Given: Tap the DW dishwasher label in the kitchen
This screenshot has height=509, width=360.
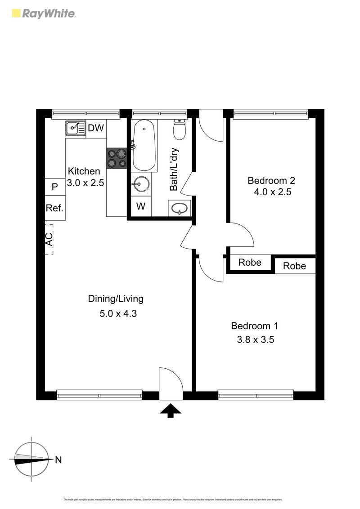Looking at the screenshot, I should [x=95, y=128].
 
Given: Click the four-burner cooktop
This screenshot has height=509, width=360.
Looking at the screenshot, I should [x=117, y=158].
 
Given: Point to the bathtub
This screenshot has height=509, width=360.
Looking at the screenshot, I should [x=144, y=145].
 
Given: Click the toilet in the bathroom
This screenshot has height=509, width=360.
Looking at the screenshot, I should [x=180, y=130].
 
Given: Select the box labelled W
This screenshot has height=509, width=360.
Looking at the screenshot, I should [x=141, y=207].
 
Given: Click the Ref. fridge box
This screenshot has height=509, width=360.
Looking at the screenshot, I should [x=55, y=208].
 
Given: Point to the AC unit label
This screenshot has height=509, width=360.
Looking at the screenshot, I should [x=49, y=239].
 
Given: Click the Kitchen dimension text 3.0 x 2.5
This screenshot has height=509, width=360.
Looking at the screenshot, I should [x=85, y=183].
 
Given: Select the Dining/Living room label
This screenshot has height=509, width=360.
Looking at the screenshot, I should [x=116, y=299].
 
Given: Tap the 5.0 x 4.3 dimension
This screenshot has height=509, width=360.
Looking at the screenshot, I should [x=118, y=314].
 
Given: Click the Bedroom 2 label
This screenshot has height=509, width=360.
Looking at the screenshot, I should [x=271, y=181].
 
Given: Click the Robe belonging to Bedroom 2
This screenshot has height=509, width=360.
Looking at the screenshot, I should [x=250, y=263].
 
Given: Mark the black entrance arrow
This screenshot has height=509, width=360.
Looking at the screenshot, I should [x=171, y=411].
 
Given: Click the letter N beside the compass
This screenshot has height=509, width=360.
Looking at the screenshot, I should [x=58, y=460].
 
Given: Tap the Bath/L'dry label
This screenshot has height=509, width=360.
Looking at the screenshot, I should [x=174, y=170].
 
